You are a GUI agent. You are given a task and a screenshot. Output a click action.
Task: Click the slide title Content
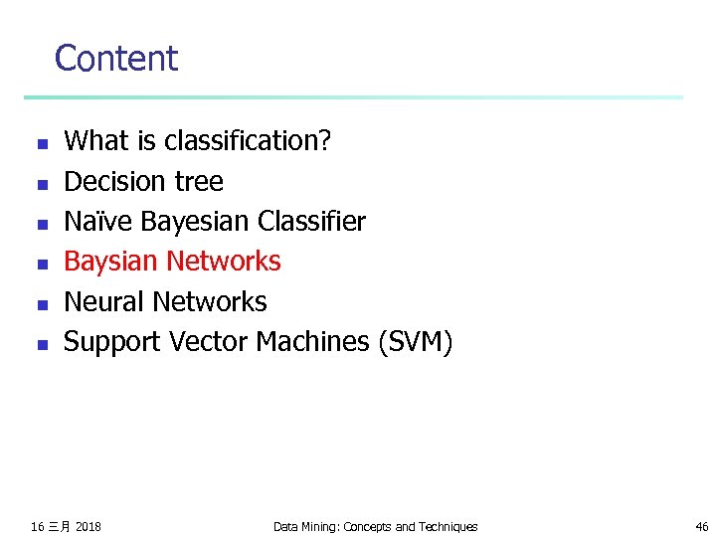(115, 59)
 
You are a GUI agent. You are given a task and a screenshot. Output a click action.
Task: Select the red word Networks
(224, 262)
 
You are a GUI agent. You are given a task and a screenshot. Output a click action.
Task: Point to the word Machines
(312, 342)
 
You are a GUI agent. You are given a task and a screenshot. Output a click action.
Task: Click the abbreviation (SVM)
(415, 342)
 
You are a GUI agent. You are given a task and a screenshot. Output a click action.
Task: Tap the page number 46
(701, 526)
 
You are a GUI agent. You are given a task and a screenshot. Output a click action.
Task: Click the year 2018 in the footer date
(88, 526)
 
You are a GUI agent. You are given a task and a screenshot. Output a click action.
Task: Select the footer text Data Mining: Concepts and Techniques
(375, 526)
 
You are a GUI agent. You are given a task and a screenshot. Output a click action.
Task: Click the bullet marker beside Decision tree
(41, 184)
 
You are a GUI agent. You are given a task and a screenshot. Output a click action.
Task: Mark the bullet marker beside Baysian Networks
(41, 264)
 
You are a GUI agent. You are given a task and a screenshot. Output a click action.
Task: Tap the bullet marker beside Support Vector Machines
(41, 344)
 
